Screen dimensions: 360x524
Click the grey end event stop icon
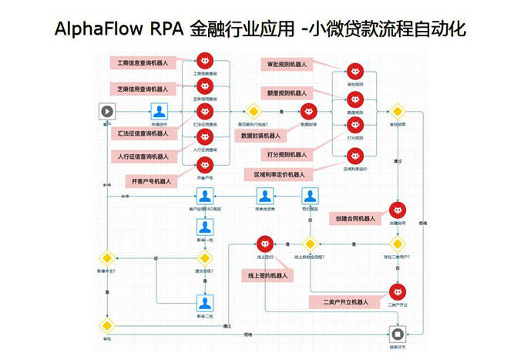[396, 334]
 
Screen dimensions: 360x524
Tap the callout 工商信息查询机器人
[143, 61]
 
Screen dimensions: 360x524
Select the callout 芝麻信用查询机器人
[143, 86]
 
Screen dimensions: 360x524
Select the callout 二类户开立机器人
[344, 302]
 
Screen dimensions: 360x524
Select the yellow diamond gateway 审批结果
[397, 111]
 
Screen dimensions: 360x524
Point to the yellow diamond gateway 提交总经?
[204, 257]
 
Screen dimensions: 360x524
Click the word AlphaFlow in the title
[90, 30]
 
